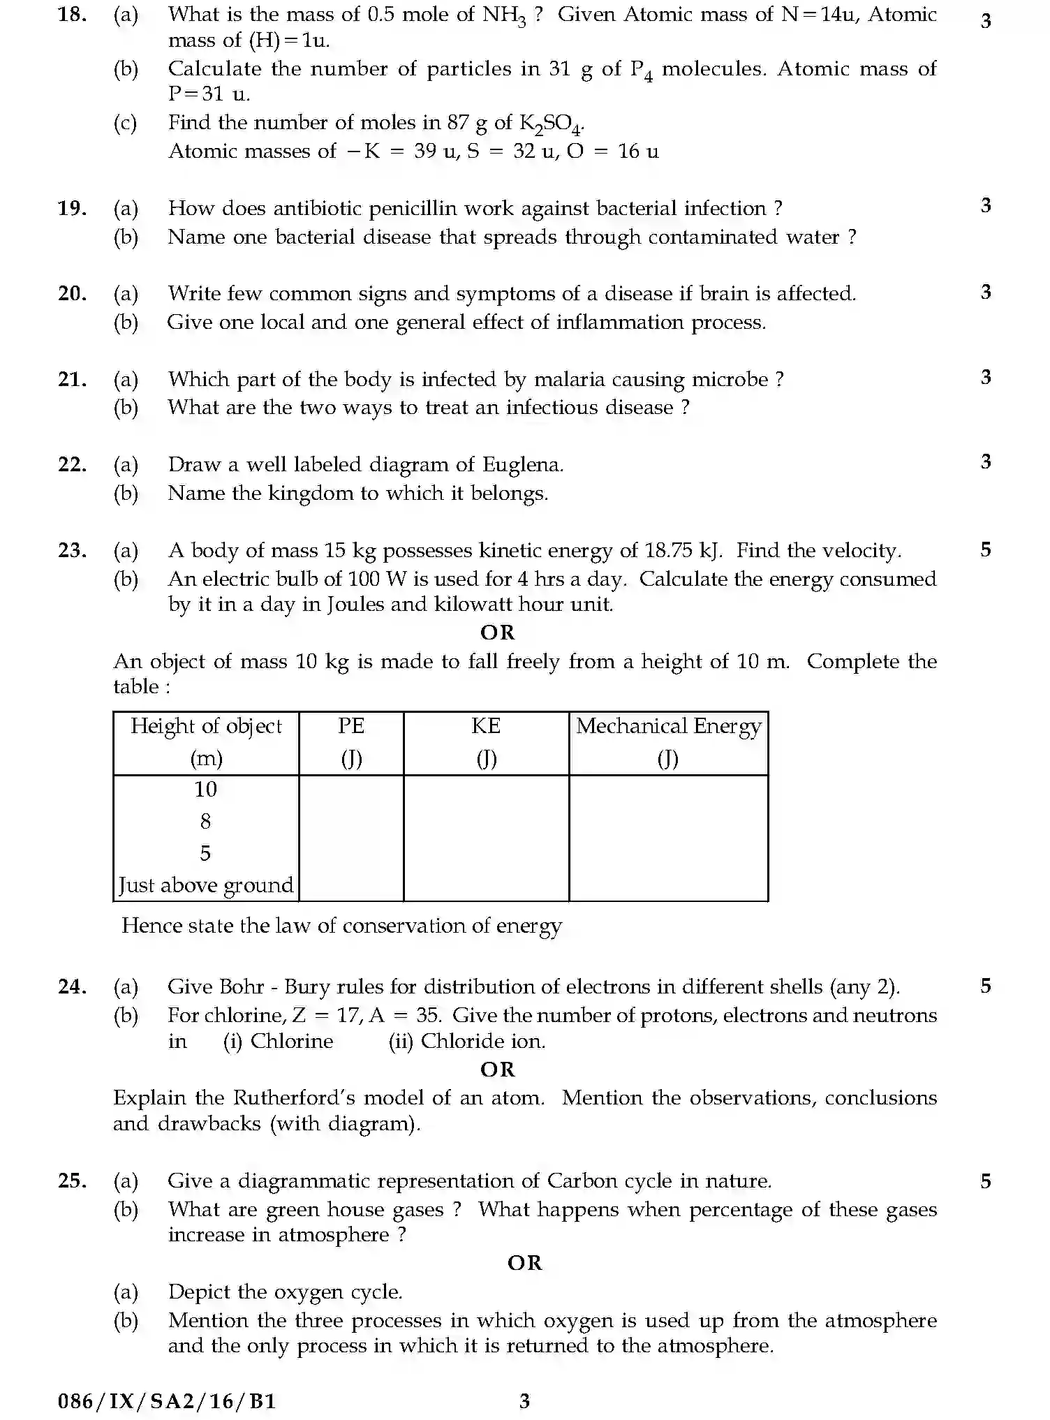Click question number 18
click(x=72, y=15)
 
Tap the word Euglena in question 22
click(x=520, y=465)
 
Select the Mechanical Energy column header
click(x=668, y=727)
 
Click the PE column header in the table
click(x=351, y=727)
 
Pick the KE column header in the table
click(x=486, y=727)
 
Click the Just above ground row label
click(x=206, y=885)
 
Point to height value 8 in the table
click(x=205, y=822)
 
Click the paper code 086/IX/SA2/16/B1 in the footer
click(x=167, y=1401)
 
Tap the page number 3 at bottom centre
click(x=524, y=1401)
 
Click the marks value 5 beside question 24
click(x=985, y=986)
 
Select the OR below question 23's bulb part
click(x=497, y=633)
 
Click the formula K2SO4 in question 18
click(x=551, y=124)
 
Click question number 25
click(x=72, y=1181)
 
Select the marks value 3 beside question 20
click(x=985, y=292)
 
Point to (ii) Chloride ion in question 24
click(x=466, y=1042)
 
